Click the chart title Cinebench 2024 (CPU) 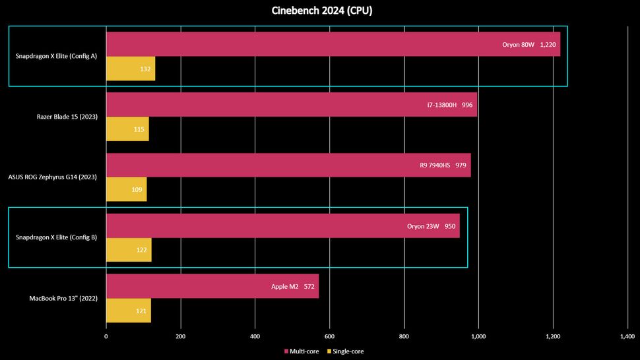coord(320,11)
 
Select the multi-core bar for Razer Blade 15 coord(291,104)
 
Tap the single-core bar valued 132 coord(131,69)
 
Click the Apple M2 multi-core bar coord(212,286)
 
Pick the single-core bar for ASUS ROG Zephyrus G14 coord(126,189)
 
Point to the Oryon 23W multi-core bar coord(282,225)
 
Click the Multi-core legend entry coord(302,351)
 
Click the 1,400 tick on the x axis coord(627,336)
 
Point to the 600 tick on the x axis coord(329,336)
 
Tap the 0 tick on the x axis coord(106,336)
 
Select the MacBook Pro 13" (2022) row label coord(64,298)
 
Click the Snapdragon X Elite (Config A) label coord(56,56)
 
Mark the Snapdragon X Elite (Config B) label coord(56,237)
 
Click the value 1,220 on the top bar coord(548,44)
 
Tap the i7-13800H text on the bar coord(441,105)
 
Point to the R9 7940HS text coord(434,165)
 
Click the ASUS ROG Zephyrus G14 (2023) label coord(52,177)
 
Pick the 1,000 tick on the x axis coord(478,336)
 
